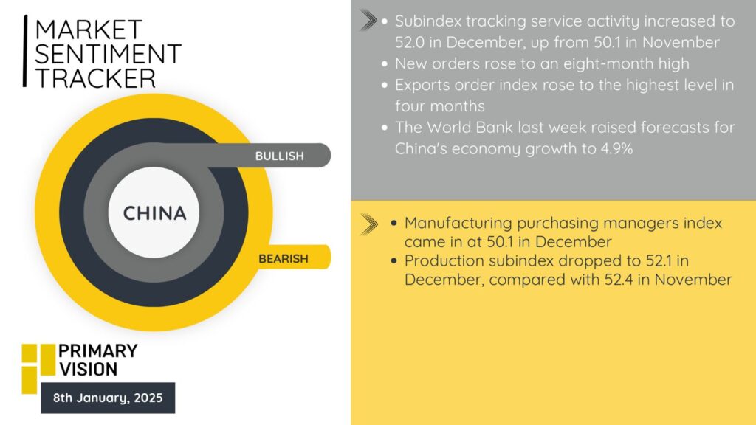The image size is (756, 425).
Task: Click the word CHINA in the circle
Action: click(154, 213)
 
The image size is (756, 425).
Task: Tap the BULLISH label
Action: click(280, 156)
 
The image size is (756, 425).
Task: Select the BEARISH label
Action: click(283, 259)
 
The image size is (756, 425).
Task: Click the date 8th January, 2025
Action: click(108, 398)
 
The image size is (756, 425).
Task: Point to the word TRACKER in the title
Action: click(95, 78)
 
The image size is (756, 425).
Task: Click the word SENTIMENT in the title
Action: click(108, 53)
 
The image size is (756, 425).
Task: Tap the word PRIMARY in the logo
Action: click(98, 350)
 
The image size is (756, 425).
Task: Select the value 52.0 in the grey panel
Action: click(409, 42)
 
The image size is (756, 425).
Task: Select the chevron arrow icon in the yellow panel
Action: click(369, 224)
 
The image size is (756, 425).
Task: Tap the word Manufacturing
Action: click(458, 223)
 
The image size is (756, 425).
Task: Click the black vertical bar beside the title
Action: click(25, 51)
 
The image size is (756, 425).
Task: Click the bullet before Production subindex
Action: click(394, 261)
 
